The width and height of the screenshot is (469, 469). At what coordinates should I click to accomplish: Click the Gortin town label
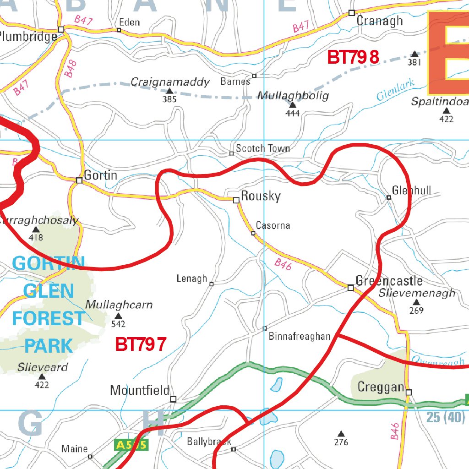coord(101,175)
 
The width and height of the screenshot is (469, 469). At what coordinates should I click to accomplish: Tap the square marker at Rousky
coord(236,200)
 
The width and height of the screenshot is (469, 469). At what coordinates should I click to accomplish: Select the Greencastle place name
coord(389,281)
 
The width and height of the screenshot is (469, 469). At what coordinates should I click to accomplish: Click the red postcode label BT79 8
coord(353,58)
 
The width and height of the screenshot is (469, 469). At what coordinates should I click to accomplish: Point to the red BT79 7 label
coord(141,344)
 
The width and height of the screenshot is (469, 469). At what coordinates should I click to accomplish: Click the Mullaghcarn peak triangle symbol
coord(118,316)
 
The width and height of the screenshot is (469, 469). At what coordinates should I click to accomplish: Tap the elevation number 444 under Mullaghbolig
coord(292,113)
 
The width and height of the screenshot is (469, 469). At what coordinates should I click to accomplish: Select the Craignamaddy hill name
coord(170,82)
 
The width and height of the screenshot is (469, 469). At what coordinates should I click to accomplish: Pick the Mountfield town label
coord(140,390)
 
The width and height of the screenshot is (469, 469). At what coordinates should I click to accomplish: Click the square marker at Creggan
coord(409,392)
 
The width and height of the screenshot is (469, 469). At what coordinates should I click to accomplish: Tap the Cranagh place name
coord(379,21)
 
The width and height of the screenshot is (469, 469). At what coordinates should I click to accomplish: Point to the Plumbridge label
coord(28,37)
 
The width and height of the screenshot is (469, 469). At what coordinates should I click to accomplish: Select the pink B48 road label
coord(70,68)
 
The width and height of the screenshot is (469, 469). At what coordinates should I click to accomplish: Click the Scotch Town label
coord(262,148)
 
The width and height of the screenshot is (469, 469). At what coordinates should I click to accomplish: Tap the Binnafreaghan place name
coord(300,337)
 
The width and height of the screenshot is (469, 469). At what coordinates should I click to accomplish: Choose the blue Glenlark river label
coord(396,90)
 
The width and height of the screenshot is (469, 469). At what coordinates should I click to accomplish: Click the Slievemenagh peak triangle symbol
coord(416,302)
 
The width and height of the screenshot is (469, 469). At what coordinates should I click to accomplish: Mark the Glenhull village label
coord(412,191)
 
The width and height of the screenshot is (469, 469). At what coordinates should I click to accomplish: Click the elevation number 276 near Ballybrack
coord(341,442)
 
